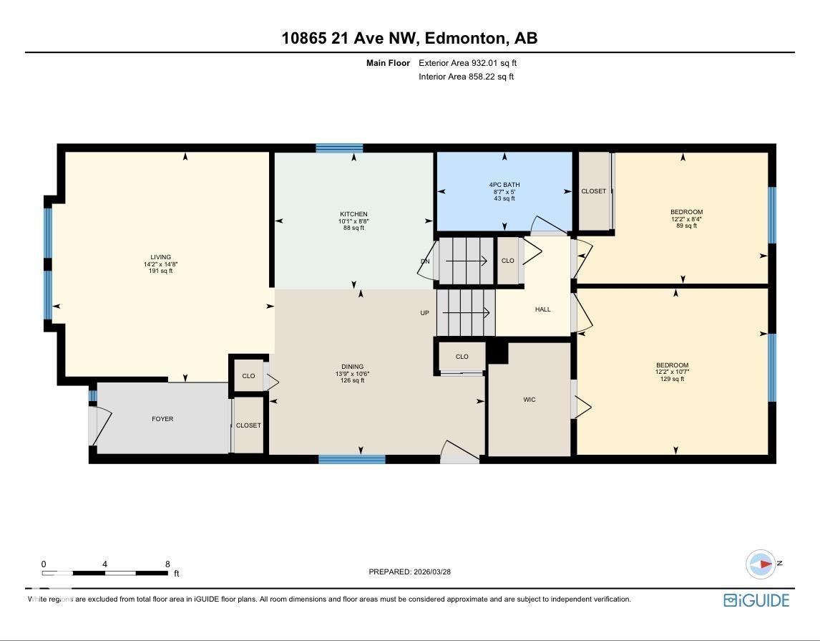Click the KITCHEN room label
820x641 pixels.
[x=353, y=214]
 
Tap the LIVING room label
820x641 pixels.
[x=160, y=257]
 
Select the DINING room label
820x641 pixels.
[x=353, y=367]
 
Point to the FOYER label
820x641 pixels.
[x=162, y=418]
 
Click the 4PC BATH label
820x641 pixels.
[x=504, y=185]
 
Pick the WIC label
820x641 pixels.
[x=529, y=400]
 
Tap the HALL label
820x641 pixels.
[x=543, y=309]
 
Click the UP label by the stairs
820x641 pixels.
[x=424, y=313]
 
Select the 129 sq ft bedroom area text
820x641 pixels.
[x=672, y=379]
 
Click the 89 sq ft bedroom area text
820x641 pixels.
[x=687, y=226]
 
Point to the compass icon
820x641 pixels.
[x=761, y=564]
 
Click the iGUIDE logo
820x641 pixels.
[x=757, y=599]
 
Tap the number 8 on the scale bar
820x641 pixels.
[x=168, y=564]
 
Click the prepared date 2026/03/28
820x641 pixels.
[x=432, y=572]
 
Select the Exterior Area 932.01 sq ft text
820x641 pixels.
[x=467, y=63]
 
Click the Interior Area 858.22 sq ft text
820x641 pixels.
[x=467, y=77]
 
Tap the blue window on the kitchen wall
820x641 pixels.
[x=339, y=148]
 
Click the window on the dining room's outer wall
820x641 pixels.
[x=352, y=459]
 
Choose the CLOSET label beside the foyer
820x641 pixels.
[x=248, y=425]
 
